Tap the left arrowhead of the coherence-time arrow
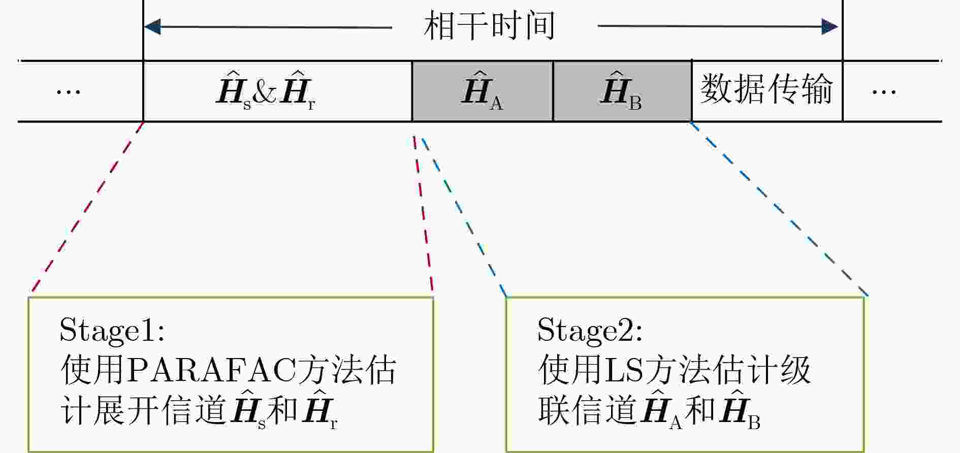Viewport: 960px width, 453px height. coord(152,26)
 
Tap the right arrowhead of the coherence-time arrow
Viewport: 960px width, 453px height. coord(830,26)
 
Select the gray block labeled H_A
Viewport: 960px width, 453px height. coord(483,91)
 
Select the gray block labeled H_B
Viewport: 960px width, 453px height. coord(622,91)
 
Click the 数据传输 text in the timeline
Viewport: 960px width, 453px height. coord(766,89)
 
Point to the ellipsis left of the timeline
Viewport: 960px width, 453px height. coord(69,92)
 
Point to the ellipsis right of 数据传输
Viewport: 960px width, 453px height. coord(884,92)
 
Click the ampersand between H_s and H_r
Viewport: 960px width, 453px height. coord(265,92)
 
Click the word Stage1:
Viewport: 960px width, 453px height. coord(112,331)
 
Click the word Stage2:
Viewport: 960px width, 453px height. coord(590,331)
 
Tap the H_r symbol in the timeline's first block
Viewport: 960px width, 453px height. coord(297,90)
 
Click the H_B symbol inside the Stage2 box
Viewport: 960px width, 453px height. coord(740,410)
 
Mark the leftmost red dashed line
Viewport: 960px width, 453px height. coord(87,207)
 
